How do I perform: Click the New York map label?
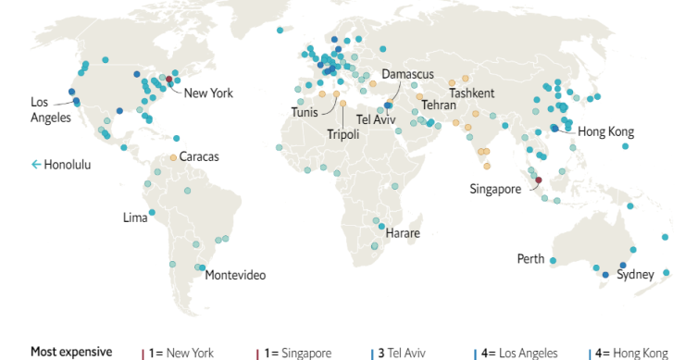(208, 93)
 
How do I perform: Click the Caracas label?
(199, 157)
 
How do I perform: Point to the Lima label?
(135, 218)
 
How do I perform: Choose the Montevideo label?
(235, 275)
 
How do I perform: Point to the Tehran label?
(439, 106)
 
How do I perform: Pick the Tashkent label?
(472, 93)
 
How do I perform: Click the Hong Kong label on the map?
(605, 132)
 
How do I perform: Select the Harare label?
(403, 232)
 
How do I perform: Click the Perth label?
(530, 258)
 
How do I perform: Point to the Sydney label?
(635, 274)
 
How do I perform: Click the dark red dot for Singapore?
(540, 180)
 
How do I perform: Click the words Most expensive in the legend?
(71, 352)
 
